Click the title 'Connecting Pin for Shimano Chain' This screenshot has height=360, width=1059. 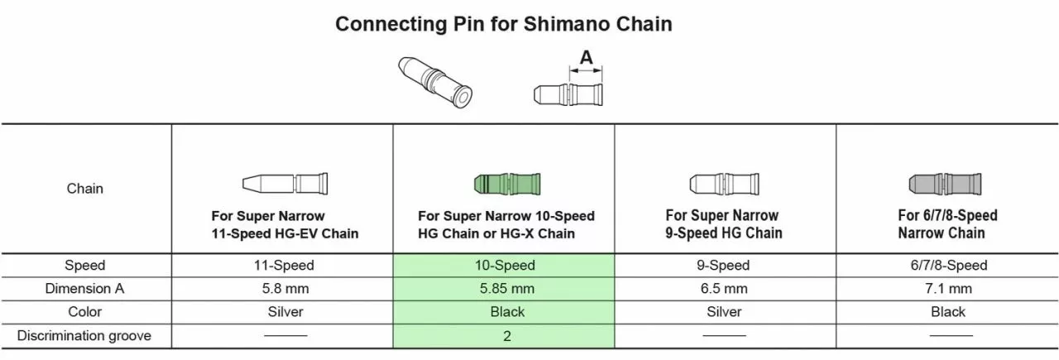503,24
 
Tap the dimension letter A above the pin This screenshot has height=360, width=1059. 586,58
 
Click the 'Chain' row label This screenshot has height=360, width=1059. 85,189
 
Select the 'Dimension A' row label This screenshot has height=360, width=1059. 85,289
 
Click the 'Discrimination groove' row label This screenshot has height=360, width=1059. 85,336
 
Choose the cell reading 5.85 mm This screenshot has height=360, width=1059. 506,289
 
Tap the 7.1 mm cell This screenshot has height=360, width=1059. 947,289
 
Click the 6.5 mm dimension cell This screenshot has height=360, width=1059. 724,289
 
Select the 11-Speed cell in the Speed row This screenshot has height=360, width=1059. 284,266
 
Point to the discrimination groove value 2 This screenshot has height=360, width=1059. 506,336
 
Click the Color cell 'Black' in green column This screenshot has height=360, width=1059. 506,312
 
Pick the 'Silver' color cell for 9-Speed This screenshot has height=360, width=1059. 724,312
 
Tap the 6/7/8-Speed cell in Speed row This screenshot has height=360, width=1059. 947,266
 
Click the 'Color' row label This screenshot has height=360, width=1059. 85,312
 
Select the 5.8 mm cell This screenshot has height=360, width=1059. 284,289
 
